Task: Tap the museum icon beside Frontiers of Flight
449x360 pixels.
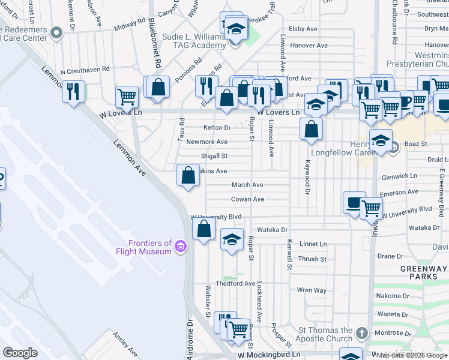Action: [180, 246]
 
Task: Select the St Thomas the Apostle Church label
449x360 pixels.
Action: [326, 335]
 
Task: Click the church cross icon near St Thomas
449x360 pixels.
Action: [361, 333]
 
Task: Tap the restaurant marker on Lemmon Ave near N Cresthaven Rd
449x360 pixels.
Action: [73, 92]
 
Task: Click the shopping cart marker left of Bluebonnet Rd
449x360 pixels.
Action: [127, 95]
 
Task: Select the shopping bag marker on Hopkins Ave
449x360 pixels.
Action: [188, 175]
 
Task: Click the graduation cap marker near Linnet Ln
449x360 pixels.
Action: [232, 239]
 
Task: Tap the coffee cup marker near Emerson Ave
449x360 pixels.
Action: [355, 202]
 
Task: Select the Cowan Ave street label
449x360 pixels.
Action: [247, 199]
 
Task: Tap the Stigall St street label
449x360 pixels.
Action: [214, 156]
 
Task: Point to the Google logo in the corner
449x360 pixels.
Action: [20, 353]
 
